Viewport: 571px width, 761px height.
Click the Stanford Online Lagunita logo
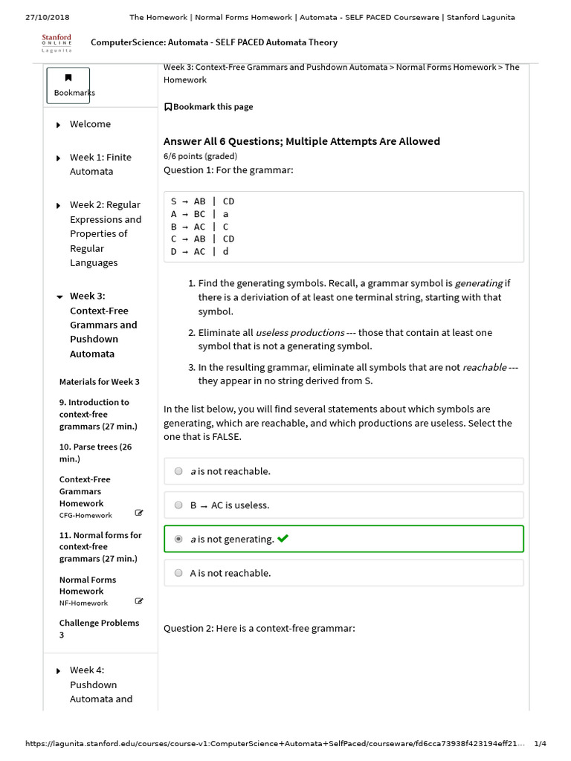pyautogui.click(x=57, y=42)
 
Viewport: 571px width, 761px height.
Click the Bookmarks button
pyautogui.click(x=68, y=85)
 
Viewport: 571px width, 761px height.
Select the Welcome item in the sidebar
pyautogui.click(x=90, y=124)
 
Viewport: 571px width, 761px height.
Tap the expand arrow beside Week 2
pyautogui.click(x=59, y=205)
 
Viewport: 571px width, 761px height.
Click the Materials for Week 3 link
pyautogui.click(x=99, y=382)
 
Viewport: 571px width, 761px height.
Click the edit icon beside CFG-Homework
pyautogui.click(x=139, y=513)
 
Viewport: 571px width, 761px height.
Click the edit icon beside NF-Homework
pyautogui.click(x=139, y=600)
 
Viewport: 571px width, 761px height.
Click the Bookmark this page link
pyautogui.click(x=209, y=107)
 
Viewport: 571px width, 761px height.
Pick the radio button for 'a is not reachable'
pyautogui.click(x=178, y=471)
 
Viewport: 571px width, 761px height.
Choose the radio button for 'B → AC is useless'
pyautogui.click(x=178, y=505)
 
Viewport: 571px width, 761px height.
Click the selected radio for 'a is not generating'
pyautogui.click(x=178, y=540)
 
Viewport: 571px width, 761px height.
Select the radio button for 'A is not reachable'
pyautogui.click(x=178, y=573)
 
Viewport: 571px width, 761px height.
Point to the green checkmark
pyautogui.click(x=283, y=539)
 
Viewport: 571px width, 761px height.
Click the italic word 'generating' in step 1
pyautogui.click(x=478, y=283)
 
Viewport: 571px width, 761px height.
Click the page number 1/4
pyautogui.click(x=540, y=744)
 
